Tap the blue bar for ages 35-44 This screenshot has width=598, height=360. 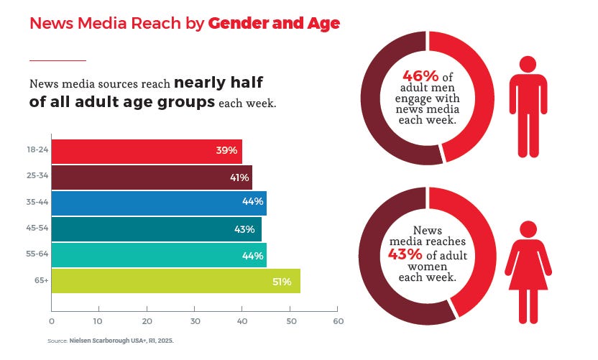coord(159,203)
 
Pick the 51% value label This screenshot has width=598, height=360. coord(282,282)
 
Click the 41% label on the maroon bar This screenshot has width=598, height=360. coord(239,177)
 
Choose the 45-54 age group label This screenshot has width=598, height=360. coord(37,229)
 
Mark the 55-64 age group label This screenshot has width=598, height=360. coord(37,255)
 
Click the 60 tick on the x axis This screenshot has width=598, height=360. coord(338,320)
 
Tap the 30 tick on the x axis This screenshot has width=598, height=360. coord(195,320)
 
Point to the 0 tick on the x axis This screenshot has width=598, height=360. coord(52,320)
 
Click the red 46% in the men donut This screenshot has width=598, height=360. coord(416,75)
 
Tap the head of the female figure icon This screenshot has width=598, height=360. coord(528,229)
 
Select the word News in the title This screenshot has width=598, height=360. coord(48,24)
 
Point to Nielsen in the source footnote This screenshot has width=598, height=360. coord(85,341)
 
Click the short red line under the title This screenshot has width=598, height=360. coord(57,60)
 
